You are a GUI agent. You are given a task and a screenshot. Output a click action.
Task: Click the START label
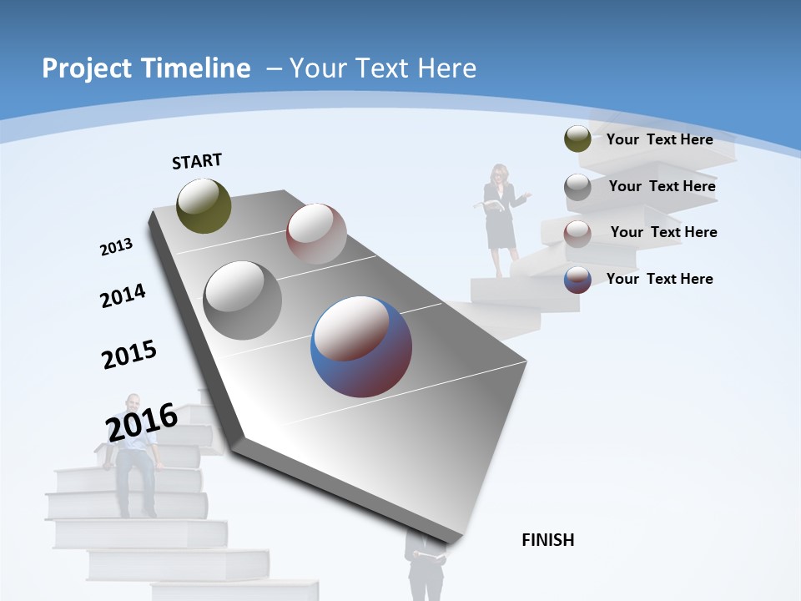tap(197, 161)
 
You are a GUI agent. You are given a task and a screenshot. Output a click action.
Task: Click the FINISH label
tap(548, 540)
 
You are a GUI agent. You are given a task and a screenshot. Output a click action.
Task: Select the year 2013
tap(117, 247)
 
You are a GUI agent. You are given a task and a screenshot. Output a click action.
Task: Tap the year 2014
tap(123, 296)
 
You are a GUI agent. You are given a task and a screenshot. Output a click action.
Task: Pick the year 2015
tap(129, 355)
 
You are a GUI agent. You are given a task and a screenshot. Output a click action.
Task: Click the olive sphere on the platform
tap(204, 205)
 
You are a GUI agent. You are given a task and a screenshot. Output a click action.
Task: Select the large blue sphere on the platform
tap(361, 347)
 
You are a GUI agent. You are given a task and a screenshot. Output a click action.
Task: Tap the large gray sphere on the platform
tap(242, 300)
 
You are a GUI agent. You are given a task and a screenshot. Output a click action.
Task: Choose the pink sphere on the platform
tap(316, 234)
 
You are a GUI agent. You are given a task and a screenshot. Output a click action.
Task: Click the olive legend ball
tap(577, 139)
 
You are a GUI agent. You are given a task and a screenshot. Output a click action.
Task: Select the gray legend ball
tap(577, 187)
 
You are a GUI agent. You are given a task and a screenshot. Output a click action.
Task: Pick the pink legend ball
tap(577, 234)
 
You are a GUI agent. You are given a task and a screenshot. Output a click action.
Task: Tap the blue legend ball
tap(577, 280)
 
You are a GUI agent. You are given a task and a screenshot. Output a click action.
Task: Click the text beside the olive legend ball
tap(659, 139)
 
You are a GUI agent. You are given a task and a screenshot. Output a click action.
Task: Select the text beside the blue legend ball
tap(659, 279)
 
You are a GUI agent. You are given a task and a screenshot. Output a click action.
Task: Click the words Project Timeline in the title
tap(146, 68)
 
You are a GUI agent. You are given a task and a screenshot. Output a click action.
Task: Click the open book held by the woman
tap(492, 205)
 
